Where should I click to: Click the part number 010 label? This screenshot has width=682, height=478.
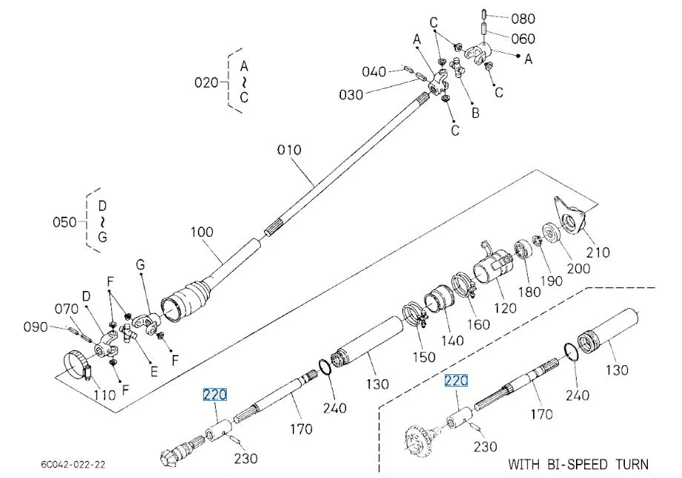click(x=289, y=151)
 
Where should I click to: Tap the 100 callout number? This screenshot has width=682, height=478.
click(x=202, y=233)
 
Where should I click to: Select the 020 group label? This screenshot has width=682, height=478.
click(x=207, y=82)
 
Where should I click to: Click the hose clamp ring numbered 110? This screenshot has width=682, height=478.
click(x=76, y=364)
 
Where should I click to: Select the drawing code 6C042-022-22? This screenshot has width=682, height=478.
click(x=73, y=465)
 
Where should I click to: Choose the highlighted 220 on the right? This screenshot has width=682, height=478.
click(x=456, y=381)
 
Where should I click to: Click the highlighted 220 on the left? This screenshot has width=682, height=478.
click(x=215, y=395)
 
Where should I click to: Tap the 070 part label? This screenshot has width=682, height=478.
click(x=67, y=308)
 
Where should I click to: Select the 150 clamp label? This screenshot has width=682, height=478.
click(x=424, y=357)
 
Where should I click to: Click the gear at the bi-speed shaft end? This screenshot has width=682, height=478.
click(x=417, y=442)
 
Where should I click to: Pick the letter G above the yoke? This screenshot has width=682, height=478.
click(x=139, y=263)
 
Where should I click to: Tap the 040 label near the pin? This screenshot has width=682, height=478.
click(x=374, y=72)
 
